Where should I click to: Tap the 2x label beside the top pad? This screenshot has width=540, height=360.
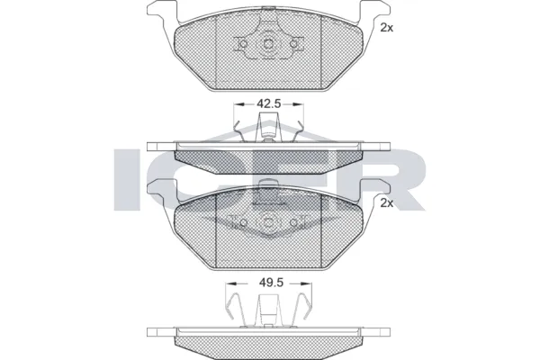click(387, 28)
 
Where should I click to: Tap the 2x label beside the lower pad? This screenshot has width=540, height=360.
click(387, 203)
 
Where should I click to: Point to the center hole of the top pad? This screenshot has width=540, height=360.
click(268, 46)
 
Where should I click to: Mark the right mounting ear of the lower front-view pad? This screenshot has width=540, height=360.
click(373, 190)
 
